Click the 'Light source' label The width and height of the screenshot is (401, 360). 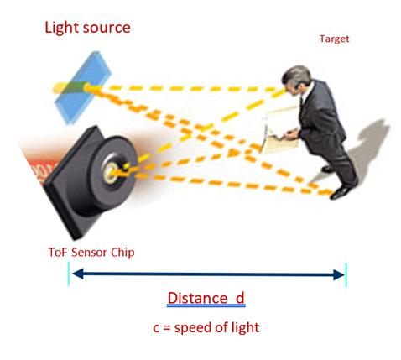(87, 28)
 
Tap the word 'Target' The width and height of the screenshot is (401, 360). (334, 39)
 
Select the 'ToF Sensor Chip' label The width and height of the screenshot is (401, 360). (91, 253)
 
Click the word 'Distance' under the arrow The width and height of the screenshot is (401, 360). (197, 298)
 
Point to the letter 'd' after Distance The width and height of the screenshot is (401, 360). (240, 298)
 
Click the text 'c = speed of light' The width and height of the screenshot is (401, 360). (206, 327)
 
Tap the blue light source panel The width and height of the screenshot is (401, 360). (83, 87)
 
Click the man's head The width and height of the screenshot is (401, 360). (296, 78)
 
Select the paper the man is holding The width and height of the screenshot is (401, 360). (279, 131)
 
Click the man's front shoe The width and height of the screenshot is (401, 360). (339, 193)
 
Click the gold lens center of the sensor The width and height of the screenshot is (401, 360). (110, 173)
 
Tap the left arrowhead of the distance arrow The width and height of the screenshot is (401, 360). (78, 274)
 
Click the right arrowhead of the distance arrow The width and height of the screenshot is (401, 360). (339, 274)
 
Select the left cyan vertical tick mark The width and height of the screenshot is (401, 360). (69, 274)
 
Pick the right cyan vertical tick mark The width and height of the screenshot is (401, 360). (346, 275)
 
